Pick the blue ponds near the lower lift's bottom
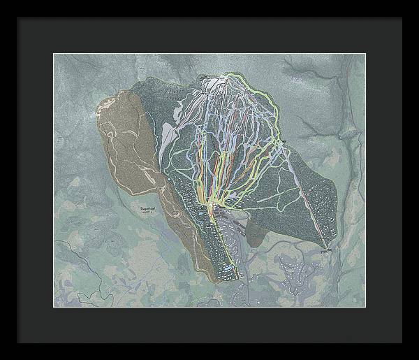[x=228, y=268]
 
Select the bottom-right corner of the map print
[x=365, y=307]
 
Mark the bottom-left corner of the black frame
[x=16, y=343]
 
